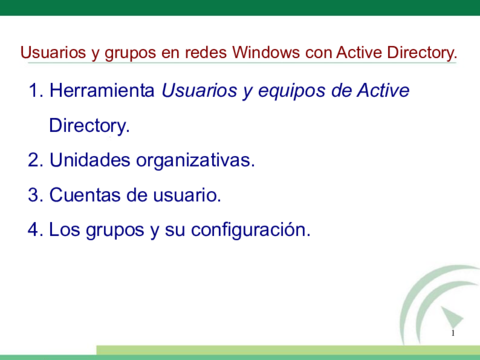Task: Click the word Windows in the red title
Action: tap(266, 52)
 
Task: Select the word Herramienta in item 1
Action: tap(102, 90)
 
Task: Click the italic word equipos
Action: tap(292, 92)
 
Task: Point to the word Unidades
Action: tap(90, 160)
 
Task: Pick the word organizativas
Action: tap(195, 161)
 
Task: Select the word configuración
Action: tap(251, 231)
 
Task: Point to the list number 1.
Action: tap(34, 90)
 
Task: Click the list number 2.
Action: tap(34, 160)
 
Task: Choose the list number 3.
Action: tap(34, 195)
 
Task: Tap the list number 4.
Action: tap(34, 230)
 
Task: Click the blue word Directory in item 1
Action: tap(89, 126)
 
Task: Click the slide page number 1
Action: tap(453, 333)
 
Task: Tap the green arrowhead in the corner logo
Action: tap(452, 317)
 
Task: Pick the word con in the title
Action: tap(318, 53)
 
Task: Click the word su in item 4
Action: tap(175, 231)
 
